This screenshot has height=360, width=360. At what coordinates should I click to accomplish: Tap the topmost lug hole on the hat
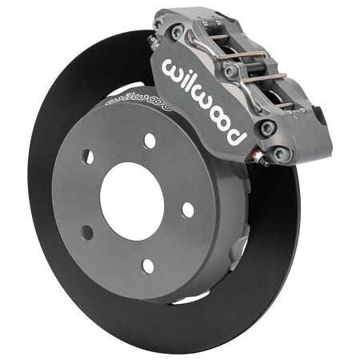(x=150, y=140)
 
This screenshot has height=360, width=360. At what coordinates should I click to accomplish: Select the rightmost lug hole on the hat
(x=187, y=209)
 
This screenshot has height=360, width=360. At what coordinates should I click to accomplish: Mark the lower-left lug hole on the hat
(x=86, y=232)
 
